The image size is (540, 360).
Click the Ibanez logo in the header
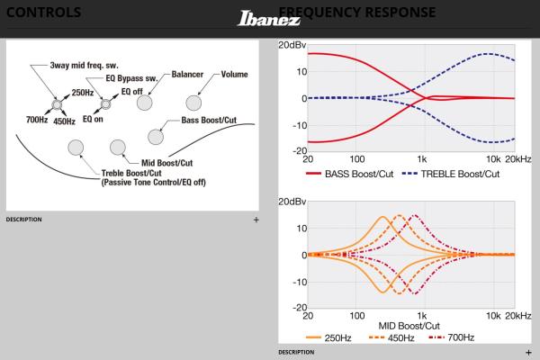click(269, 18)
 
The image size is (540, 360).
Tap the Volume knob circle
click(193, 102)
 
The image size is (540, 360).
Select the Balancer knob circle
click(144, 102)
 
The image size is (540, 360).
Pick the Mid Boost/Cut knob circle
click(116, 147)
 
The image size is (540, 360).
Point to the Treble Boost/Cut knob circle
click(76, 147)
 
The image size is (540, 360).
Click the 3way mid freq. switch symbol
click(57, 102)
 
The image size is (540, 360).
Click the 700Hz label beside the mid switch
click(36, 119)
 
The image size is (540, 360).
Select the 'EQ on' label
click(94, 119)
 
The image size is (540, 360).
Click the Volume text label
click(234, 75)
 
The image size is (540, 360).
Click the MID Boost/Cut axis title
click(409, 325)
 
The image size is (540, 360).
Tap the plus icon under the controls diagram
click(256, 219)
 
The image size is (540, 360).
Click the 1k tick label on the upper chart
click(421, 158)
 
